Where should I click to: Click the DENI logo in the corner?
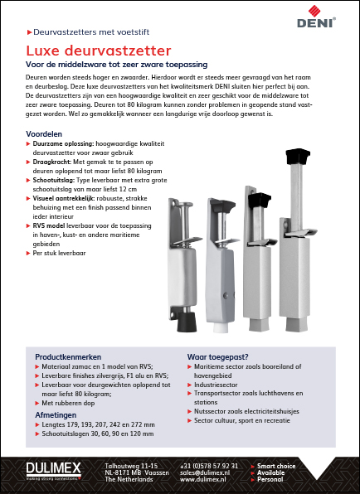[x=316, y=17]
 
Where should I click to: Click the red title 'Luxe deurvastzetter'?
[x=99, y=51]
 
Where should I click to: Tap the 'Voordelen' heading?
[x=44, y=134]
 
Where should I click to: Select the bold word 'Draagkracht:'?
[x=52, y=162]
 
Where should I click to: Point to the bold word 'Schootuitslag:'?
[x=54, y=180]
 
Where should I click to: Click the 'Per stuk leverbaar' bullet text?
[x=59, y=253]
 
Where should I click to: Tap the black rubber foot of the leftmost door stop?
[x=187, y=322]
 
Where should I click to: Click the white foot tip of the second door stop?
[x=221, y=327]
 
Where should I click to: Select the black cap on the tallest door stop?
[x=298, y=157]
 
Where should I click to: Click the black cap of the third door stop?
[x=260, y=201]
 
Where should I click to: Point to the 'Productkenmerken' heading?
[x=68, y=357]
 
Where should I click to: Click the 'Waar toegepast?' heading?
[x=217, y=357]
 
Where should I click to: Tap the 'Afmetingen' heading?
[x=56, y=415]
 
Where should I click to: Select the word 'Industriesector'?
[x=216, y=385]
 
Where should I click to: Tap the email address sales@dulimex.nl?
[x=205, y=472]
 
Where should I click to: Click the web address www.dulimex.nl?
[x=203, y=480]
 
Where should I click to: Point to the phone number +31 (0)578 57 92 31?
[x=209, y=466]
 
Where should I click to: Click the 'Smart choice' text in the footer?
[x=276, y=466]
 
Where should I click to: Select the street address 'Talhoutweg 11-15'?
[x=131, y=466]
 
